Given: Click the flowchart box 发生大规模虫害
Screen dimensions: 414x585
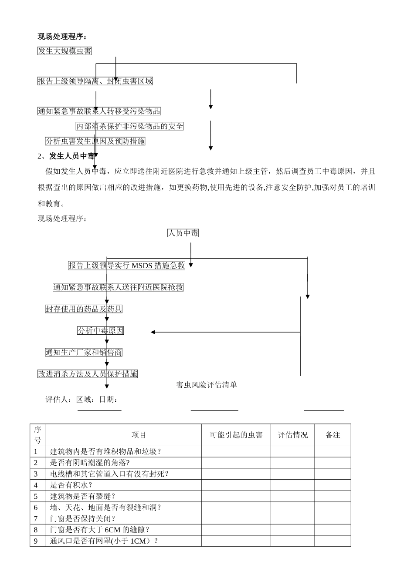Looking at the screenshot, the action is [64, 51].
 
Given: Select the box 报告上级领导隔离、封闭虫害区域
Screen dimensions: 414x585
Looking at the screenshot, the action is [95, 81].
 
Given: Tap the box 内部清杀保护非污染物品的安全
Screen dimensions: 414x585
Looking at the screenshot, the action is [129, 127].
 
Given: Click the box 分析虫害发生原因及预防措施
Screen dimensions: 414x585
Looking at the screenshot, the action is [95, 141].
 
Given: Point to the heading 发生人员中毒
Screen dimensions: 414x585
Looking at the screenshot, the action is [71, 156].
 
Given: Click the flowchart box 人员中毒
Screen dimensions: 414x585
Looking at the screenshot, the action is [183, 233].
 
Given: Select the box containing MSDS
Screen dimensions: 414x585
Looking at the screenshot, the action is [126, 266].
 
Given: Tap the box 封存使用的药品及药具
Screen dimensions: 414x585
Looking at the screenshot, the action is [84, 309].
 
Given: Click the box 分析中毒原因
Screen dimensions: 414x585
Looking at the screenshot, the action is [101, 331].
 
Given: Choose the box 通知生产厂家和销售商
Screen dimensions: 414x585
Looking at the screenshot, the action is [84, 353].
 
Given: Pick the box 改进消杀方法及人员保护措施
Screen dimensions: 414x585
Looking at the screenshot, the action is [88, 374].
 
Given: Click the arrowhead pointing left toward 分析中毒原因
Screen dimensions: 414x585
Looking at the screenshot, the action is [153, 332].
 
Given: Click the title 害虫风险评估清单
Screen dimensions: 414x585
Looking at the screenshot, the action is [207, 385].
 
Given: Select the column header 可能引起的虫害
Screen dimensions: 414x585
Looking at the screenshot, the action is [236, 435].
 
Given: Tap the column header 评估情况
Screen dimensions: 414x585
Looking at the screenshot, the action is [292, 435].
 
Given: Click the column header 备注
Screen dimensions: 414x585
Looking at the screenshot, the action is [333, 435].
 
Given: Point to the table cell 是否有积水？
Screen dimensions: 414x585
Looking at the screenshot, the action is [71, 485].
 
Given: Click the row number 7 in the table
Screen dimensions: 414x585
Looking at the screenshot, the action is [36, 518].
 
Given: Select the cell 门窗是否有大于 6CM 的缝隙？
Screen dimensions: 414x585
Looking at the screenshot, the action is [100, 530].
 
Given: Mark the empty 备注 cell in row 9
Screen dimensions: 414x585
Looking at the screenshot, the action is [333, 541].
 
